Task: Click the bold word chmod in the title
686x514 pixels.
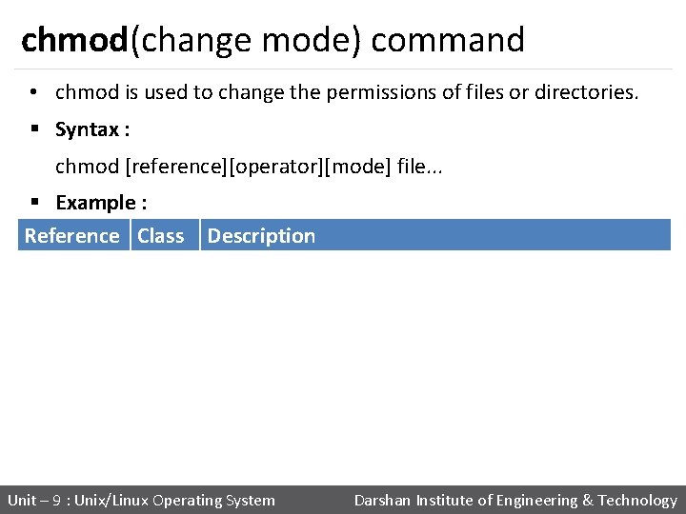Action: click(74, 40)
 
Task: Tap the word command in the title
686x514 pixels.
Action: click(448, 40)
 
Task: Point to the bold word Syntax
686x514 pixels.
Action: click(87, 128)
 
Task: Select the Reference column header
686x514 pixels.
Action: click(72, 236)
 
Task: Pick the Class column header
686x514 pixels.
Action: click(161, 236)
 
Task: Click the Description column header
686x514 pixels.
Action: click(261, 236)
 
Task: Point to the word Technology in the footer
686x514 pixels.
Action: click(637, 500)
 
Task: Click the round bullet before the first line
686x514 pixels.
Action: click(33, 93)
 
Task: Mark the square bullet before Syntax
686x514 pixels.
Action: click(33, 129)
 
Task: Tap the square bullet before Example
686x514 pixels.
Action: click(33, 203)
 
